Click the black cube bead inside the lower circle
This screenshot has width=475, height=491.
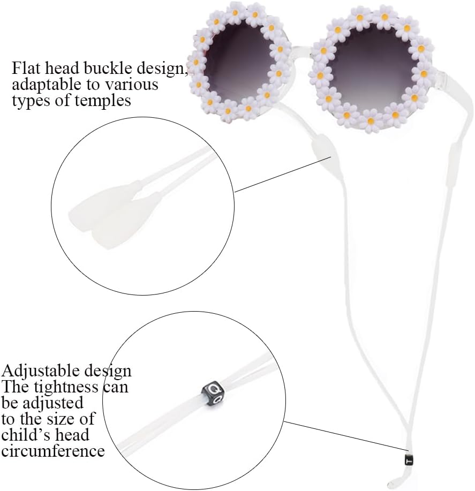pos(213,392)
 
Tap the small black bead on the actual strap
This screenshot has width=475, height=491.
pos(409,459)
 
